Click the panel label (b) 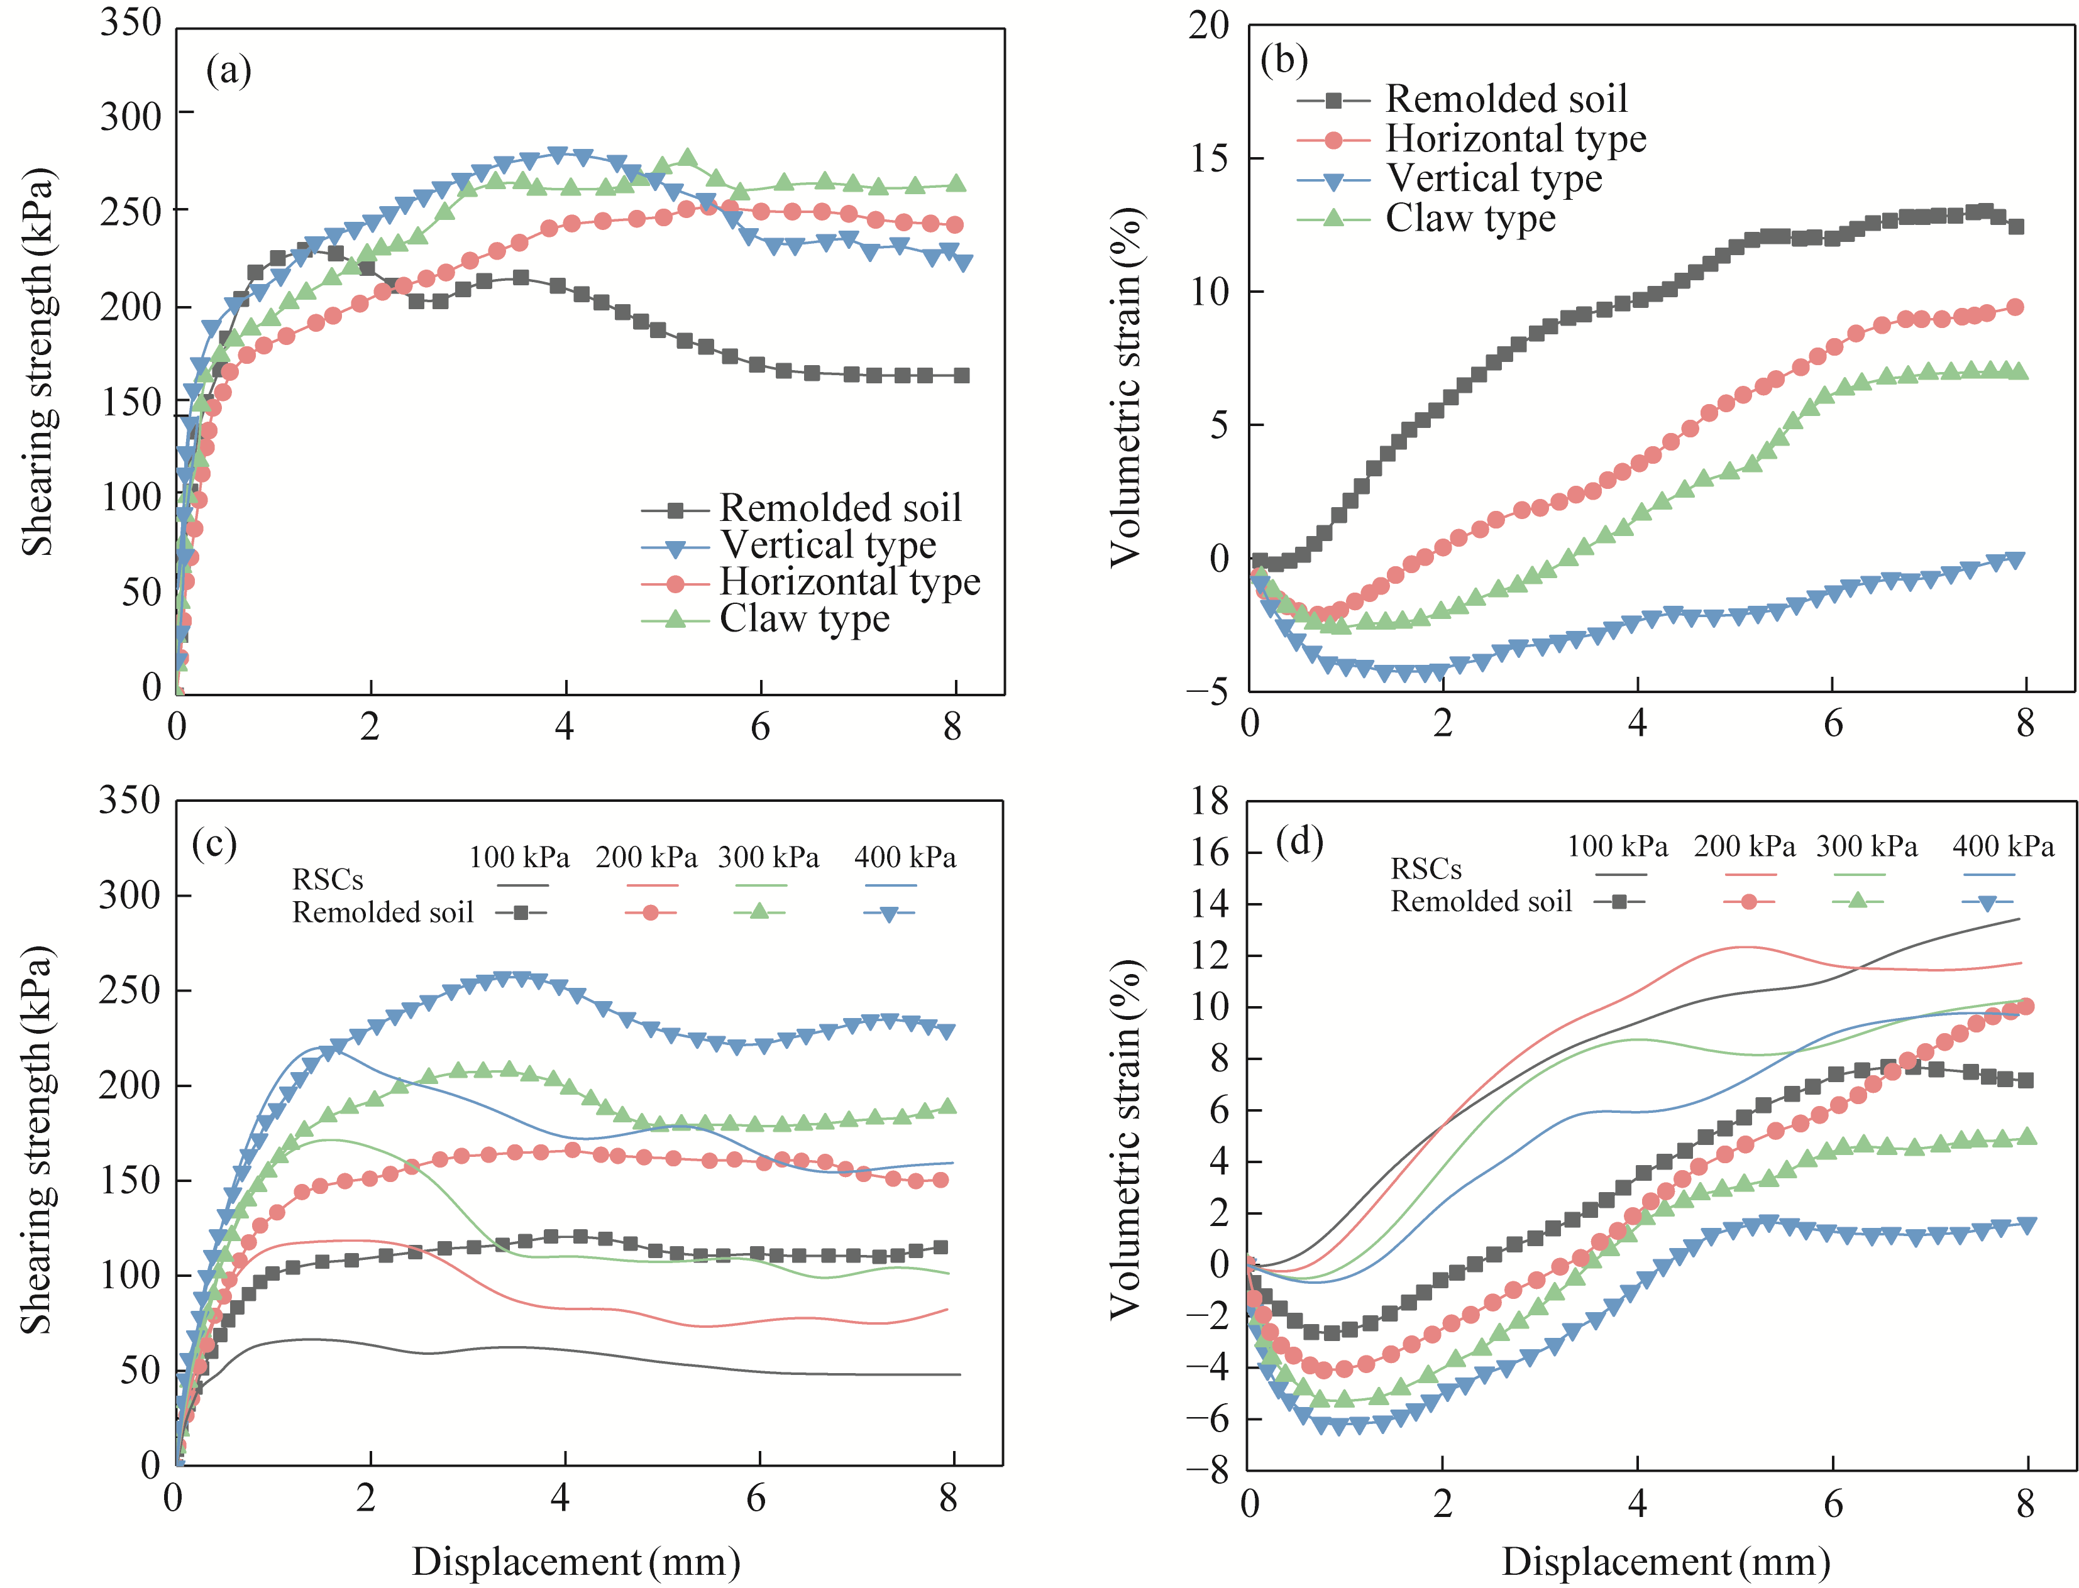coord(1284,60)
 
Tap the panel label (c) coord(214,841)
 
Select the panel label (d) coord(1299,840)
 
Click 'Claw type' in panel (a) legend coord(805,619)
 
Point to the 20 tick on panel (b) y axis coord(1208,26)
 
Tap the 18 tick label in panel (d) coord(1208,802)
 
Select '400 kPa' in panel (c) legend coord(905,857)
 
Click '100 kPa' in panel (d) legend coord(1617,846)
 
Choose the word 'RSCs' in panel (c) coord(327,880)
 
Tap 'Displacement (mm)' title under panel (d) coord(1666,1562)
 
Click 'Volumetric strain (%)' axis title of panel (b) coord(1125,388)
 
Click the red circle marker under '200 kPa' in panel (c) coord(651,913)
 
